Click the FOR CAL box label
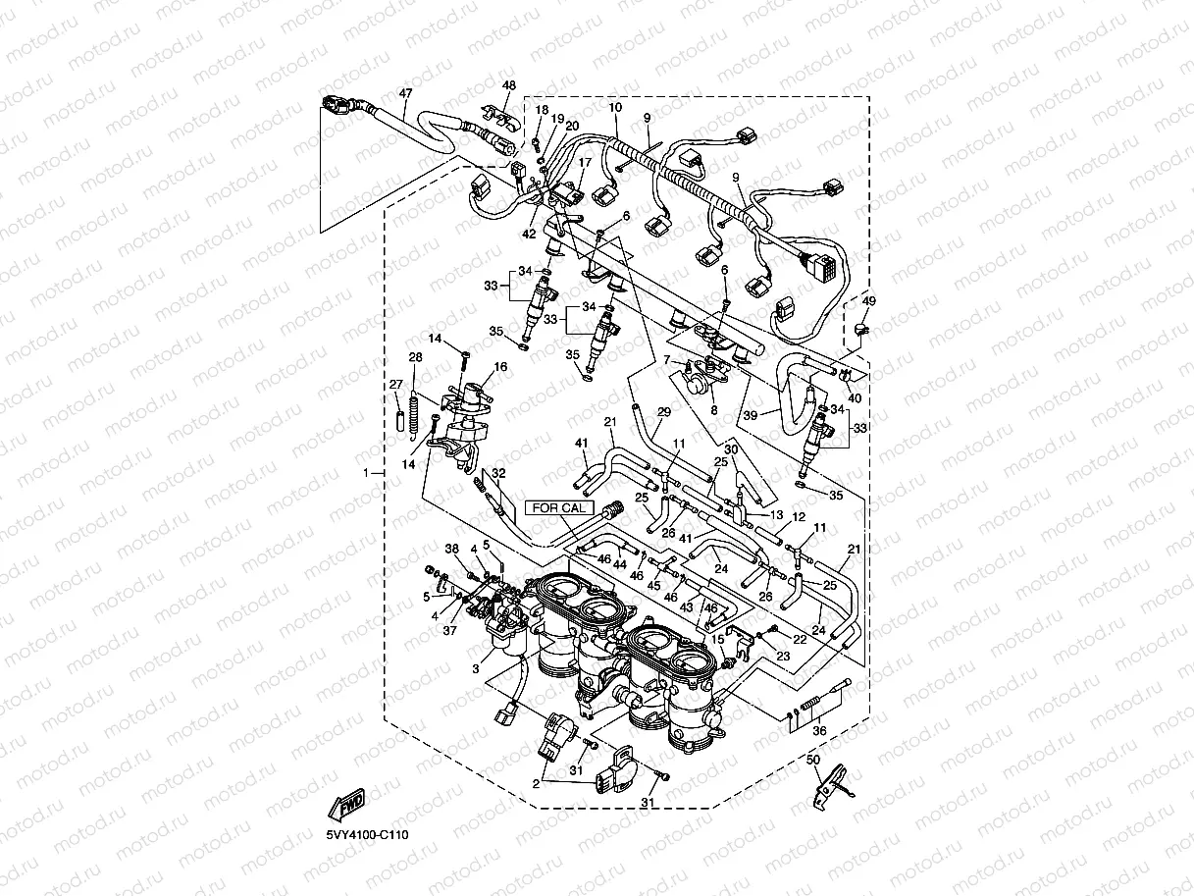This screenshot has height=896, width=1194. pyautogui.click(x=559, y=507)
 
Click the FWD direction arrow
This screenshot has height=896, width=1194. pyautogui.click(x=347, y=806)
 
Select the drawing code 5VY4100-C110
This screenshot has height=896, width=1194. pyautogui.click(x=368, y=835)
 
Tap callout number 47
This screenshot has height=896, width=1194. pyautogui.click(x=405, y=94)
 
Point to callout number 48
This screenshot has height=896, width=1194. pyautogui.click(x=508, y=86)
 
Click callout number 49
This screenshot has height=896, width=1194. pyautogui.click(x=868, y=301)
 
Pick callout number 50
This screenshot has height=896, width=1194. pyautogui.click(x=812, y=760)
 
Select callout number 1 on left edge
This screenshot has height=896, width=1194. pyautogui.click(x=366, y=473)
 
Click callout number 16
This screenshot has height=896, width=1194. pyautogui.click(x=500, y=367)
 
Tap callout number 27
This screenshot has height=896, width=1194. pyautogui.click(x=395, y=384)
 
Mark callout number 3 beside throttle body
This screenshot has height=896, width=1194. pyautogui.click(x=475, y=668)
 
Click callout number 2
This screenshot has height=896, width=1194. pyautogui.click(x=537, y=784)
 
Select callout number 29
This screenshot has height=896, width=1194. pyautogui.click(x=664, y=412)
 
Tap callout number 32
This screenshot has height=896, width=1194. pyautogui.click(x=499, y=473)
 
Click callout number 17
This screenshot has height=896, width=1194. pyautogui.click(x=585, y=163)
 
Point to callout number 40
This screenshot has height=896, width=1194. pyautogui.click(x=854, y=397)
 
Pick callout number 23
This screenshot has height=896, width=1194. pyautogui.click(x=783, y=656)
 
